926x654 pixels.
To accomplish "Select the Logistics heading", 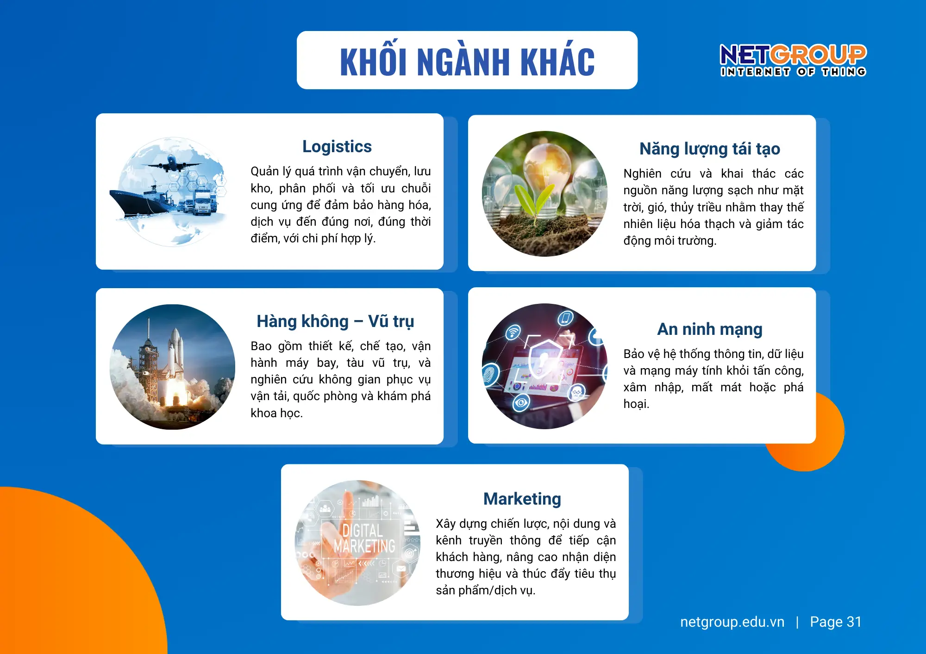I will click(x=337, y=147).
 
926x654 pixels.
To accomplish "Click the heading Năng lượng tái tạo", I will click(x=709, y=149).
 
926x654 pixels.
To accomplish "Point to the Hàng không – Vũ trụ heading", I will click(x=335, y=321).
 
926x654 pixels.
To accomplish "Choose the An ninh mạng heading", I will click(x=709, y=329).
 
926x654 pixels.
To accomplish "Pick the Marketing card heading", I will click(x=522, y=499).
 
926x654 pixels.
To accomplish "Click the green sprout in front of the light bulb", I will click(x=535, y=199).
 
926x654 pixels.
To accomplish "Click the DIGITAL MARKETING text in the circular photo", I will click(x=364, y=539).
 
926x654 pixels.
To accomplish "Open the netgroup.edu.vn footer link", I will click(x=732, y=622).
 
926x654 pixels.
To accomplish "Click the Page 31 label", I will click(x=835, y=622).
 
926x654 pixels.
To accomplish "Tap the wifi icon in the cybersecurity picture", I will click(x=513, y=332).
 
